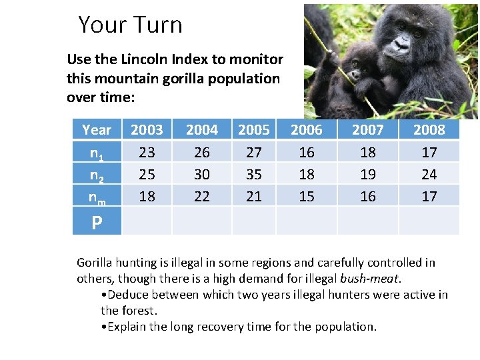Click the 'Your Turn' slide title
(x=130, y=25)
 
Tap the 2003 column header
(x=147, y=129)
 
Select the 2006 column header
(x=307, y=129)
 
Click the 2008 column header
(x=429, y=129)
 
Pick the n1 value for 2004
(x=201, y=152)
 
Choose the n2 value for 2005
(x=254, y=174)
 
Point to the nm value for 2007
(x=368, y=196)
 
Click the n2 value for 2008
(x=429, y=174)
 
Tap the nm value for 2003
(x=147, y=196)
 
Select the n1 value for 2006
(x=307, y=152)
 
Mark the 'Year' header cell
(x=97, y=129)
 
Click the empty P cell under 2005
(x=254, y=221)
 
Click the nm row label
(x=97, y=197)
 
